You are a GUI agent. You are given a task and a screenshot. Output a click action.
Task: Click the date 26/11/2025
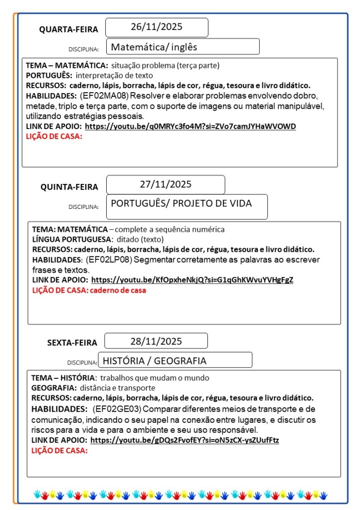[157, 27]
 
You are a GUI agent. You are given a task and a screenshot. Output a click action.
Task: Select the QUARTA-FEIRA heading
[69, 30]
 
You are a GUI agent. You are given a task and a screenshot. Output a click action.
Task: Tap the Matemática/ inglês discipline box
[182, 47]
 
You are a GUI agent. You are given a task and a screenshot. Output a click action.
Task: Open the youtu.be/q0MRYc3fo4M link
[190, 127]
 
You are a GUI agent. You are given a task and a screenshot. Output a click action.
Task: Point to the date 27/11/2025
[166, 184]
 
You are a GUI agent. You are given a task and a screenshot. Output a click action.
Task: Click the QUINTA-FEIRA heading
[69, 187]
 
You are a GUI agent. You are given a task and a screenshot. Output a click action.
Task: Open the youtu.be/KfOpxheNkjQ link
[192, 280]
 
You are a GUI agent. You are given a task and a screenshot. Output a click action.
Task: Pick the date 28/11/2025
[156, 341]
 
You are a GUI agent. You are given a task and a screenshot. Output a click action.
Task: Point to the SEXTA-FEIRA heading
[72, 343]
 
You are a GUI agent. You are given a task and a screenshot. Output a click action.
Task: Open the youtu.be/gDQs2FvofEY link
[185, 440]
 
